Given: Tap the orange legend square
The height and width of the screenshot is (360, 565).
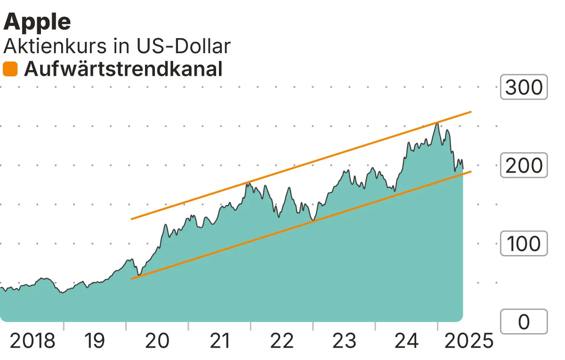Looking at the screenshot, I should [10, 69].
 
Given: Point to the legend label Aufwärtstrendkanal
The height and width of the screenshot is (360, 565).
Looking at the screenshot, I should [123, 69].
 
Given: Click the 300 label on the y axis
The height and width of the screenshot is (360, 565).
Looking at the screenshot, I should [524, 87].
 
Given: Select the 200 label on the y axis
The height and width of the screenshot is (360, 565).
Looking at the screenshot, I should [524, 166].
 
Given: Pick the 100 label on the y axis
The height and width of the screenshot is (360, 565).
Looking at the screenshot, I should [524, 244].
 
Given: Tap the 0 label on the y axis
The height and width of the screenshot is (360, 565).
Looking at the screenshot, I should [524, 322].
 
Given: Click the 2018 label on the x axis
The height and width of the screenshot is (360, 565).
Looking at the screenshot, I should [32, 341].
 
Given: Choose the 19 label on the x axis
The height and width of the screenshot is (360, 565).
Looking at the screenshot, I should [95, 341].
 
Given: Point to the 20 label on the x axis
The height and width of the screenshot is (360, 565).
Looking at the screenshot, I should [157, 341].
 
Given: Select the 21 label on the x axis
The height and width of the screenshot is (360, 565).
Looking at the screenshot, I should [219, 341].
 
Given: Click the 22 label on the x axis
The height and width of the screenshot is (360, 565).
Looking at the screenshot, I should [282, 341].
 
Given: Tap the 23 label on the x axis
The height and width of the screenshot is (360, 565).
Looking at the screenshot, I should [344, 341].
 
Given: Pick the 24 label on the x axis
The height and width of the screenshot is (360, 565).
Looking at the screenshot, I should [406, 341].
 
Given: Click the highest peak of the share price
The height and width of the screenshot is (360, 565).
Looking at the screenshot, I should [437, 123].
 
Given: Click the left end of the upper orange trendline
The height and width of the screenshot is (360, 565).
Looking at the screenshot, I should [131, 219].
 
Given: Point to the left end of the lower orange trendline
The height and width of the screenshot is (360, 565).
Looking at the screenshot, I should [131, 279].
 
